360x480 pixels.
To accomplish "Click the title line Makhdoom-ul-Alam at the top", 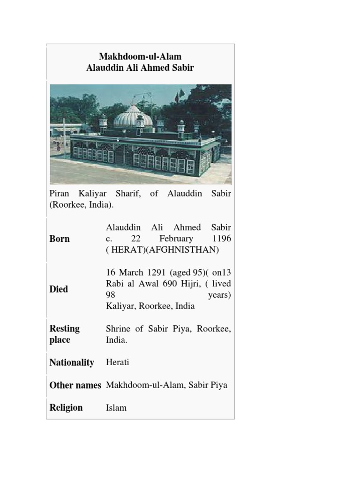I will [140, 57].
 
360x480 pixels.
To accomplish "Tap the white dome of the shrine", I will [133, 117].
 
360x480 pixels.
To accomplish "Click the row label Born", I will [60, 239].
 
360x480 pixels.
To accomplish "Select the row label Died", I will [59, 289].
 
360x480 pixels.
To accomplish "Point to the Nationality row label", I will [72, 362].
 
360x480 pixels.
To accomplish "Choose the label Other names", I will [75, 385].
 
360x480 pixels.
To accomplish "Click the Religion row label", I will [66, 407].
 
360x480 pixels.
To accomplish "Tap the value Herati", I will [118, 362].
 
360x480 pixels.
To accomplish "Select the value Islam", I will [116, 408].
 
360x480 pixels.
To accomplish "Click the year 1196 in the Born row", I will [222, 239].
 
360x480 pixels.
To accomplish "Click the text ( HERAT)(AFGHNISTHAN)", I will [163, 250].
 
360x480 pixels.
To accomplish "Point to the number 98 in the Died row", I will [111, 295].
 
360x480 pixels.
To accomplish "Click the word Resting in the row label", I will [65, 328].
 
